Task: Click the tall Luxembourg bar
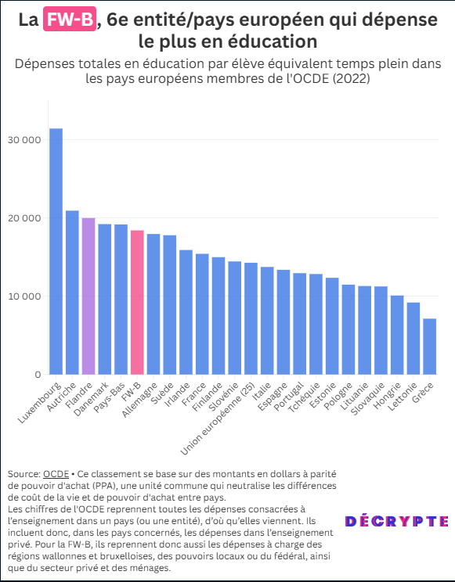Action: [56, 251]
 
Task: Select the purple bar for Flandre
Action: [88, 296]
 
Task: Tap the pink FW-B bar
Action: [137, 303]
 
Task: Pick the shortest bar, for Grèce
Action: [429, 347]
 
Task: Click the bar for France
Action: [202, 314]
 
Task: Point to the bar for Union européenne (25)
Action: [251, 318]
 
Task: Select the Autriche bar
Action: [72, 293]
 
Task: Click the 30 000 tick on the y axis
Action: [24, 140]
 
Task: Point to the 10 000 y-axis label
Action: [24, 296]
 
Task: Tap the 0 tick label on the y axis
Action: [38, 375]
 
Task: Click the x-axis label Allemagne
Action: [140, 401]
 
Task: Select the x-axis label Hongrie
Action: [388, 396]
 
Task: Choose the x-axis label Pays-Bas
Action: [109, 397]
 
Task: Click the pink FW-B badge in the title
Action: [70, 19]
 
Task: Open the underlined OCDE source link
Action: [56, 474]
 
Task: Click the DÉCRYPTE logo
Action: [396, 522]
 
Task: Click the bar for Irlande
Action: [186, 312]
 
